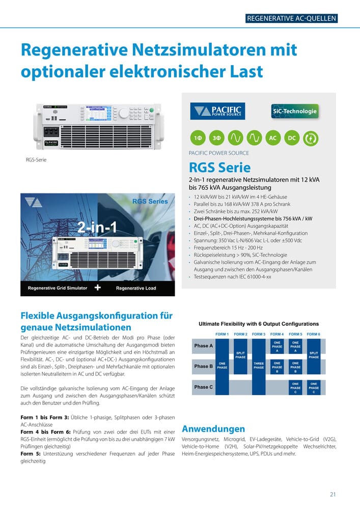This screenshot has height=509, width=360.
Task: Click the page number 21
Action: [333, 494]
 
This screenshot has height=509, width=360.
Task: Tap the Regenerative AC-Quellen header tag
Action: [291, 19]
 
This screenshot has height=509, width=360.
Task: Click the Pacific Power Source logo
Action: [218, 111]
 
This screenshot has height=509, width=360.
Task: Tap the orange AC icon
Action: [273, 138]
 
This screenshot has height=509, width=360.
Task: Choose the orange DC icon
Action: [291, 138]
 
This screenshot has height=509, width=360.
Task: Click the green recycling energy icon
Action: [310, 138]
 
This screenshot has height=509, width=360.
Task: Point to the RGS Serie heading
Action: [219, 167]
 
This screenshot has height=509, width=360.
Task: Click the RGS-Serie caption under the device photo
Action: [36, 160]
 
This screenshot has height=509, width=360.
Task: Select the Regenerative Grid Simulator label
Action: [58, 288]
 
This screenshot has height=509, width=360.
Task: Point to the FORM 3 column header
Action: [259, 334]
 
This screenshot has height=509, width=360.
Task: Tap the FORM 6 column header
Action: [314, 334]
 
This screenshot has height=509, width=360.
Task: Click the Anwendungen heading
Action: [213, 429]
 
